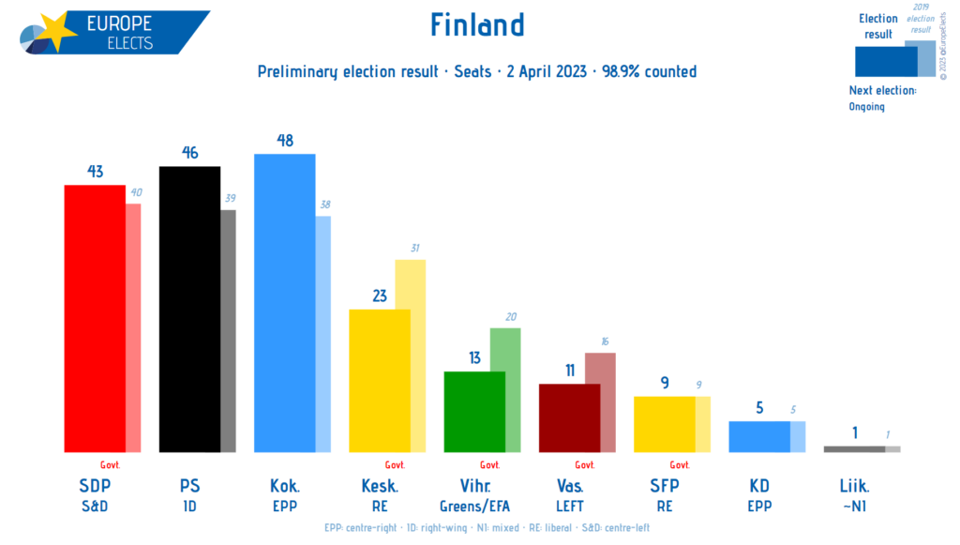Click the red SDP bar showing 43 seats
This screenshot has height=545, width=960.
click(x=94, y=319)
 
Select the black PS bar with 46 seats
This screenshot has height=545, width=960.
click(x=189, y=310)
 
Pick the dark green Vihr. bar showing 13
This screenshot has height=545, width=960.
click(x=474, y=412)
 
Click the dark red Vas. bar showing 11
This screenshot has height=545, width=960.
click(x=569, y=417)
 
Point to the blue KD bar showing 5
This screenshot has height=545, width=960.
click(x=759, y=436)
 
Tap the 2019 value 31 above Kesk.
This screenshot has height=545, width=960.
click(x=414, y=248)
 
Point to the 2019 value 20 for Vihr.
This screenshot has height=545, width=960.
click(x=510, y=317)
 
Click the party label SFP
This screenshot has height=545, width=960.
click(x=664, y=486)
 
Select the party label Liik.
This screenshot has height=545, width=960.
click(x=854, y=486)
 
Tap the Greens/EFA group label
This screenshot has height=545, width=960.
click(x=474, y=507)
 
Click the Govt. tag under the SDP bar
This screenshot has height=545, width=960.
click(x=111, y=464)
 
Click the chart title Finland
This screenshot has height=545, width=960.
click(x=477, y=24)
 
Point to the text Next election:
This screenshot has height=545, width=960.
click(x=881, y=90)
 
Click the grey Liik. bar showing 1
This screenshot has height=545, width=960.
click(x=853, y=448)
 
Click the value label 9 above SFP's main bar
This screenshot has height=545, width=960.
click(x=664, y=382)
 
